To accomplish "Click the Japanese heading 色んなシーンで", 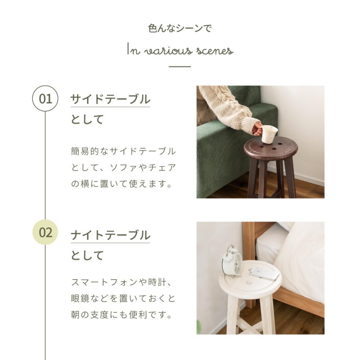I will coord(180,28).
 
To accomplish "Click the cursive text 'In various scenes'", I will coord(180,50).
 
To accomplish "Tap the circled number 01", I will coord(45,98).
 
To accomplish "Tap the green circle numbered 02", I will coord(45,232).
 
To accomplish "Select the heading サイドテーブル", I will coord(110,99).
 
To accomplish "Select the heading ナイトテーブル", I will coord(110,235).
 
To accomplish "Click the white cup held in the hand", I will coord(270,134).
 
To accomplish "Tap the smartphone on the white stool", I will coord(264,274).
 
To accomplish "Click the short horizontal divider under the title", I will coord(180,66).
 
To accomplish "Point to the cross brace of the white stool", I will coord(248,326).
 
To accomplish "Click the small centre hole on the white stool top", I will coord(249,282).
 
